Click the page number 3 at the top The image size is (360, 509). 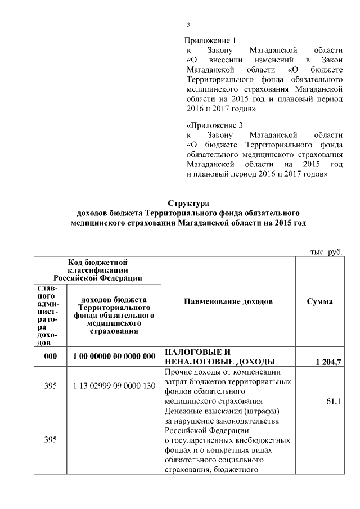(x=189, y=25)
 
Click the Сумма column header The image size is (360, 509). (x=319, y=301)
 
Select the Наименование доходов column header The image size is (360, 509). (x=228, y=301)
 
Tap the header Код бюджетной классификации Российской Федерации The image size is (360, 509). (x=98, y=269)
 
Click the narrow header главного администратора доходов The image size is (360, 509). (x=49, y=314)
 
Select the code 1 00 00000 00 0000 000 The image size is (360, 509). (x=114, y=357)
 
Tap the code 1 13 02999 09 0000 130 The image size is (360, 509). (x=114, y=387)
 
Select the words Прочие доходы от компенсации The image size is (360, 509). (x=225, y=372)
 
